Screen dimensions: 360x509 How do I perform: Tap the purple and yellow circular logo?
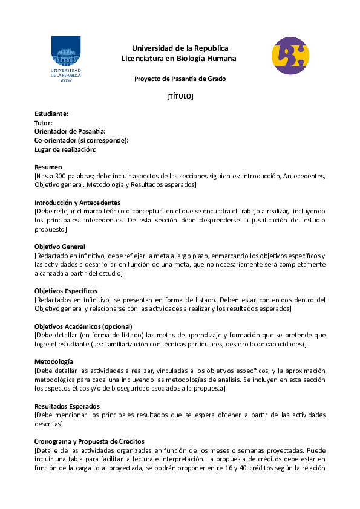click(290, 56)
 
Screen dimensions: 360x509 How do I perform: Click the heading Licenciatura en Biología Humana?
click(179, 59)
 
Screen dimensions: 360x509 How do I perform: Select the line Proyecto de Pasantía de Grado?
click(180, 79)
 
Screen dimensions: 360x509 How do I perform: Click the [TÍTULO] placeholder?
click(180, 96)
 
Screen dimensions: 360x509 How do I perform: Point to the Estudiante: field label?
click(51, 114)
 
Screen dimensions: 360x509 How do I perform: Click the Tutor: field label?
click(44, 123)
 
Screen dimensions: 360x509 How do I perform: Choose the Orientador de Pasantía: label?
click(70, 131)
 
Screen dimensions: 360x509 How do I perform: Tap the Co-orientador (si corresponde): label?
click(81, 140)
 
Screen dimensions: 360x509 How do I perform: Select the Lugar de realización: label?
click(65, 149)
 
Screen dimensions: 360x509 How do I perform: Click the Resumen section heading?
click(48, 167)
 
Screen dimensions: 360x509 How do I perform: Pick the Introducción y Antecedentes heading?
click(77, 203)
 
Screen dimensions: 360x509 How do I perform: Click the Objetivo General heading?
click(60, 247)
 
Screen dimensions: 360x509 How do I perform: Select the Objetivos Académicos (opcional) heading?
click(83, 326)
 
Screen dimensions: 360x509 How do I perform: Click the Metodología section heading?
click(54, 361)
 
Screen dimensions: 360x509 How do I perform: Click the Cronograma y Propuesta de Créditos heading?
click(90, 441)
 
